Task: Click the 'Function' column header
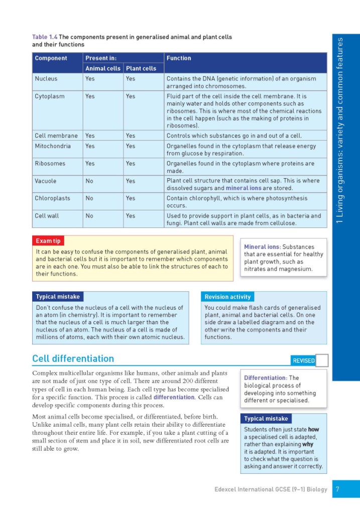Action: point(179,58)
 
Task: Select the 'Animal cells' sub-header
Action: point(102,68)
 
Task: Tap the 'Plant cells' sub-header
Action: point(141,68)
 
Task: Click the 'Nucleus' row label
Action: point(46,79)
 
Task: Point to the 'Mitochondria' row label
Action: point(53,147)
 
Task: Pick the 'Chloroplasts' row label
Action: point(52,198)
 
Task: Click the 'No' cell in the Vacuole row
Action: point(89,181)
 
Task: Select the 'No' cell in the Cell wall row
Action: point(89,216)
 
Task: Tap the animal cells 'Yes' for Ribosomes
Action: point(90,164)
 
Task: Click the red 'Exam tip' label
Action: point(49,241)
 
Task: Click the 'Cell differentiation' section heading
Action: point(73,358)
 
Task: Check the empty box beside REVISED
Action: point(322,360)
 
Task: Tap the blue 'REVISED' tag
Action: point(303,360)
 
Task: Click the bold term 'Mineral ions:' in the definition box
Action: point(262,247)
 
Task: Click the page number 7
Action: point(338,488)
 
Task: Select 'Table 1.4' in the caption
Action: point(45,37)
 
